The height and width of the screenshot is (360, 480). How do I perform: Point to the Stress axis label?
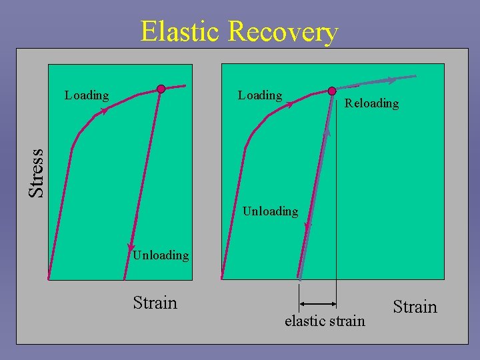pyautogui.click(x=37, y=173)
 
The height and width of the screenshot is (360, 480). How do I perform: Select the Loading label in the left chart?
pyautogui.click(x=87, y=95)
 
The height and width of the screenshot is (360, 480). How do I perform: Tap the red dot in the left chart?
pyautogui.click(x=161, y=89)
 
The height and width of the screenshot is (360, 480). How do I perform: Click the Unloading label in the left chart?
pyautogui.click(x=161, y=255)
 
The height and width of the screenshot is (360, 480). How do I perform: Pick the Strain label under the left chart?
pyautogui.click(x=155, y=303)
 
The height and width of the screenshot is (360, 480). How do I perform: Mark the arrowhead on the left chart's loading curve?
pyautogui.click(x=103, y=112)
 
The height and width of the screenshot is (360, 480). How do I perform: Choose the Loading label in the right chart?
pyautogui.click(x=260, y=95)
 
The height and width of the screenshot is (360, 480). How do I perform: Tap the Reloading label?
pyautogui.click(x=371, y=103)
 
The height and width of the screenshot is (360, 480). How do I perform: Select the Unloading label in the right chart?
pyautogui.click(x=270, y=211)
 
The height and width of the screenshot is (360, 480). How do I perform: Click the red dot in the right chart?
pyautogui.click(x=332, y=91)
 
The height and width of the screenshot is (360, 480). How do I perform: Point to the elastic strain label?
pyautogui.click(x=325, y=321)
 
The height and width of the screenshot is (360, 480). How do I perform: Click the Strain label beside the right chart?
pyautogui.click(x=415, y=307)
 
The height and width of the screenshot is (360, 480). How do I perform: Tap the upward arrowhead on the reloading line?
pyautogui.click(x=327, y=133)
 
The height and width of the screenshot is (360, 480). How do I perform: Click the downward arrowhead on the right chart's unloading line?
pyautogui.click(x=307, y=228)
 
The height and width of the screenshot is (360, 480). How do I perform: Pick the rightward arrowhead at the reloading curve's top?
pyautogui.click(x=392, y=80)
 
